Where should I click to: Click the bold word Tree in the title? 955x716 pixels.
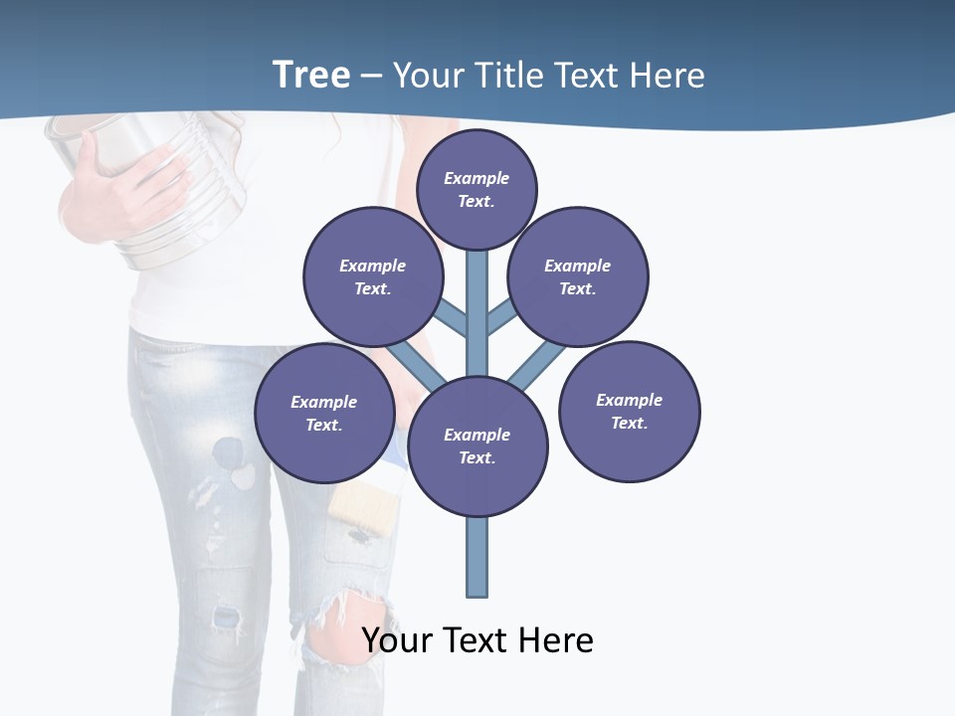311,75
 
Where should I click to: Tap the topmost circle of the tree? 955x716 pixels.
477,189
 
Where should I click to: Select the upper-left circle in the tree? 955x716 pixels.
372,276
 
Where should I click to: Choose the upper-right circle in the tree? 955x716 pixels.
578,276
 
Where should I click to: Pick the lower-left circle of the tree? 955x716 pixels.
324,413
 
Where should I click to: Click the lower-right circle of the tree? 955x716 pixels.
629,411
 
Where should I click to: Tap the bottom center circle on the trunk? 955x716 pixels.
477,446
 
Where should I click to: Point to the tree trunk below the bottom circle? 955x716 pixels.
477,557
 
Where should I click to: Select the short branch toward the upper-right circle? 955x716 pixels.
500,318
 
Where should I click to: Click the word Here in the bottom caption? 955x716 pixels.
557,639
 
